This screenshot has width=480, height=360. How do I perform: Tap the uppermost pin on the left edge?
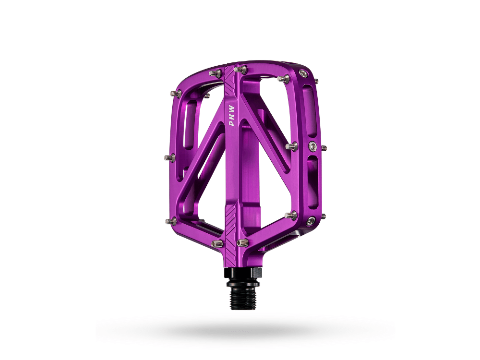(x=176, y=93)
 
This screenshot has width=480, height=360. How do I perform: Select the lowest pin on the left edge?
(x=171, y=221)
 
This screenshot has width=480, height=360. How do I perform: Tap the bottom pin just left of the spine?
(x=217, y=244)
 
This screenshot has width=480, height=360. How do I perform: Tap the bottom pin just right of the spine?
(x=242, y=242)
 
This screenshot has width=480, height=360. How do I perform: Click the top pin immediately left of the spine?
(x=215, y=73)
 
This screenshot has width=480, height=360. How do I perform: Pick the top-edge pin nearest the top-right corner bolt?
(x=284, y=78)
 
